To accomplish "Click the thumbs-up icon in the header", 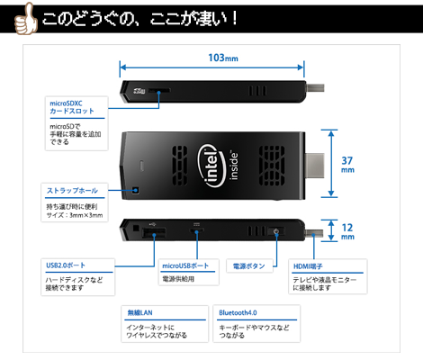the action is pyautogui.click(x=26, y=19).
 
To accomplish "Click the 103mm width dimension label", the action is pyautogui.click(x=223, y=58).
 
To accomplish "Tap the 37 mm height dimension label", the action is pyautogui.click(x=347, y=165).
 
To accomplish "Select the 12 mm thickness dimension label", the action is pyautogui.click(x=347, y=231).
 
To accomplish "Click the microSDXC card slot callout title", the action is pyautogui.click(x=72, y=107).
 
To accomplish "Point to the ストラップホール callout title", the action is pyautogui.click(x=72, y=191).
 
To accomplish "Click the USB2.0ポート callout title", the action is pyautogui.click(x=66, y=265).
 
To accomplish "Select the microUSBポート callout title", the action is pyautogui.click(x=185, y=265).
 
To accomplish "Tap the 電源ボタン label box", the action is pyautogui.click(x=249, y=265).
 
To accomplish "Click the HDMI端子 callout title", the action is pyautogui.click(x=308, y=266).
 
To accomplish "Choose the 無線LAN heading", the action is pyautogui.click(x=139, y=312).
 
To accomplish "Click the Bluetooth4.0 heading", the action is pyautogui.click(x=238, y=312).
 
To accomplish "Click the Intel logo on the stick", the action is pyautogui.click(x=211, y=166).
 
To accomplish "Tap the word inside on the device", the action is pyautogui.click(x=234, y=166).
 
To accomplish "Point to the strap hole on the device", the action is pyautogui.click(x=136, y=190).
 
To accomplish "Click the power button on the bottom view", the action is pyautogui.click(x=276, y=231).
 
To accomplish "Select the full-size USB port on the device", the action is pyautogui.click(x=154, y=233).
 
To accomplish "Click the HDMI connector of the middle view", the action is pyautogui.click(x=315, y=166).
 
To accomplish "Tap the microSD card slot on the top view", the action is pyautogui.click(x=159, y=90).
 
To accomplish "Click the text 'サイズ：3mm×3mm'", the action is pyautogui.click(x=75, y=215).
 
